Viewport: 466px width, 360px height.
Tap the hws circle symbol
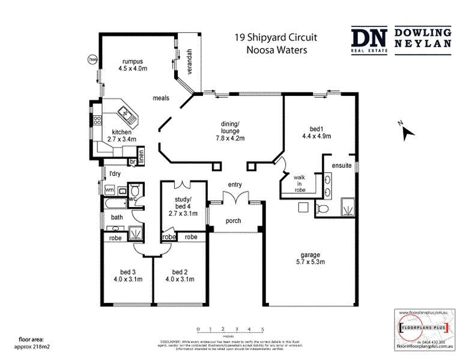pyautogui.click(x=92, y=60)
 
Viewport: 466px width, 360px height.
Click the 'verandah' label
pyautogui.click(x=188, y=60)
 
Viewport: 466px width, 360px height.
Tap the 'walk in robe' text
pyautogui.click(x=300, y=184)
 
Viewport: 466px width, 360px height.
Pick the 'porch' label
pyautogui.click(x=233, y=221)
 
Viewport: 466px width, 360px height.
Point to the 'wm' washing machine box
pyautogui.click(x=110, y=190)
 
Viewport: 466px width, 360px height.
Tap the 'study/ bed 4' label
pyautogui.click(x=182, y=203)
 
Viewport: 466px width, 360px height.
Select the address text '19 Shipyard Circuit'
pyautogui.click(x=276, y=38)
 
